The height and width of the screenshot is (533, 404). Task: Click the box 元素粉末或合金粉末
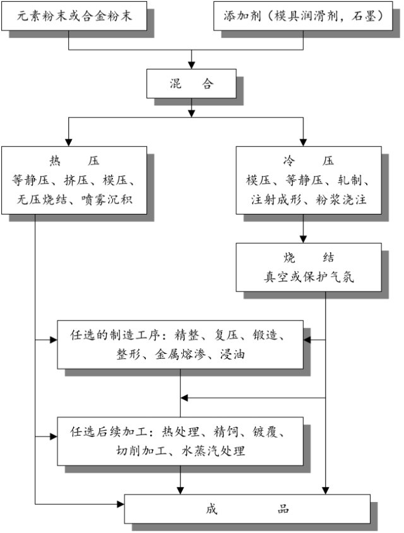click(x=75, y=16)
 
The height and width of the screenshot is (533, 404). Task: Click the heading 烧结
click(x=309, y=259)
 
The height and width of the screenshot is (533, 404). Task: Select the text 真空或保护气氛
click(x=309, y=277)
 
